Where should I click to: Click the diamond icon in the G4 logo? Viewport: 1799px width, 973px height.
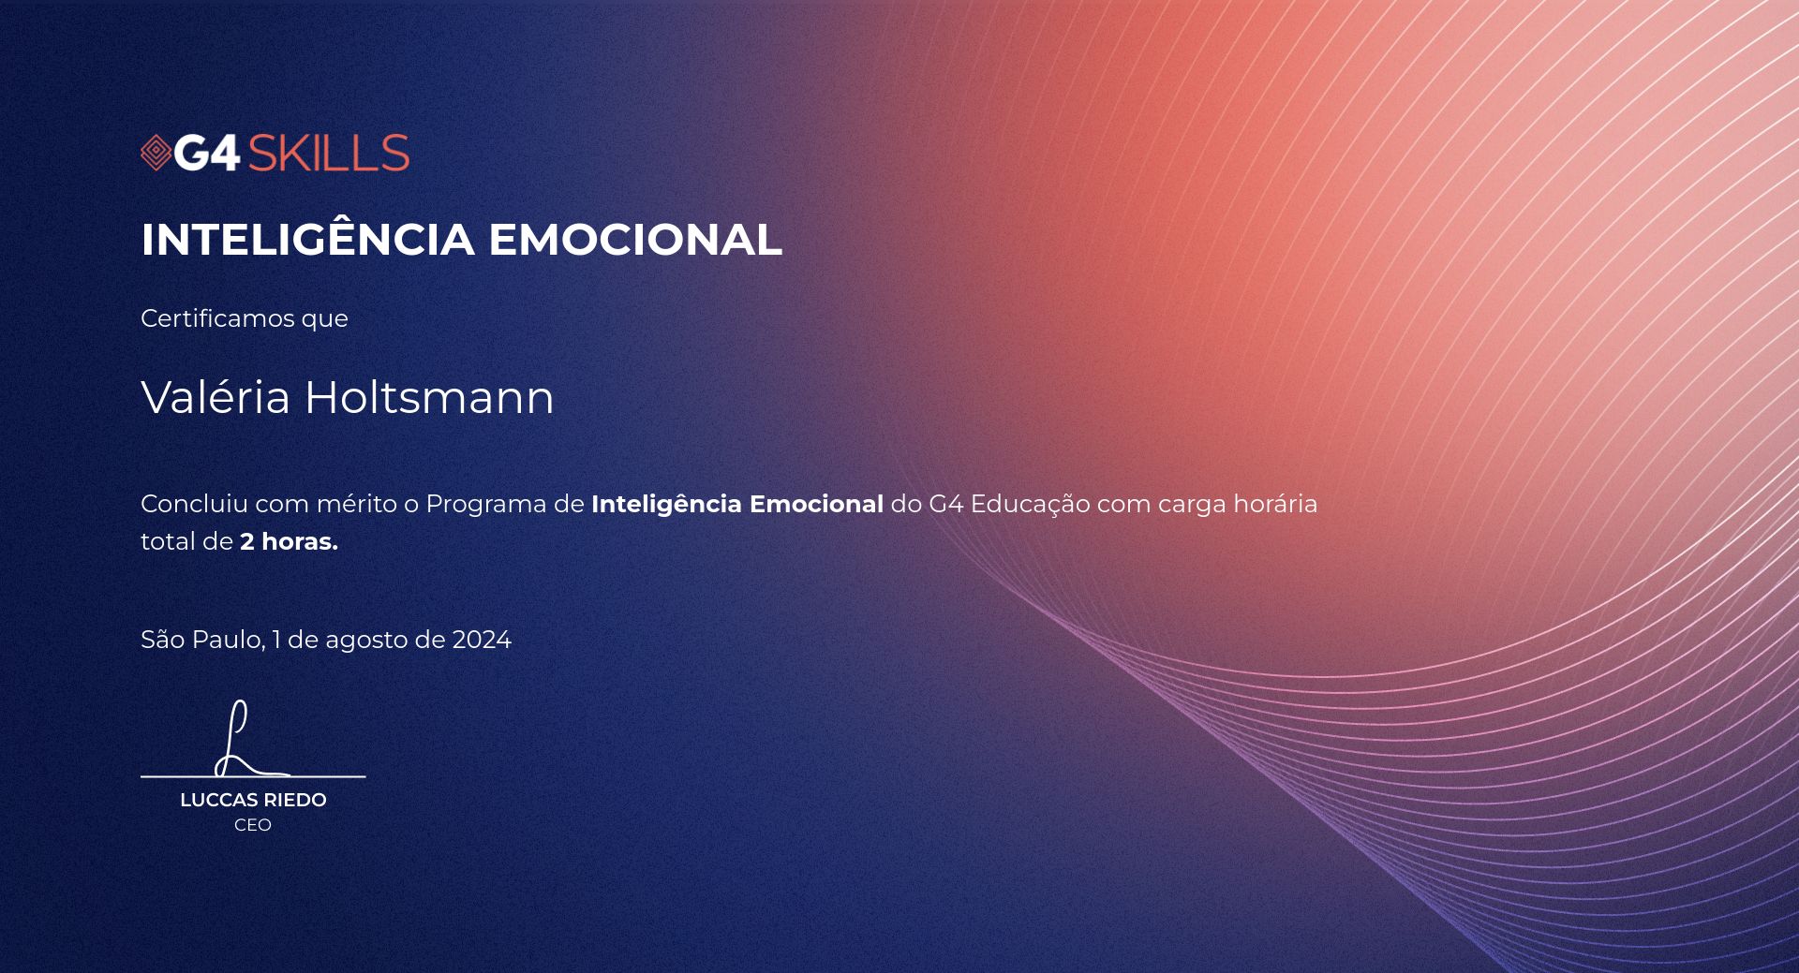[x=156, y=153]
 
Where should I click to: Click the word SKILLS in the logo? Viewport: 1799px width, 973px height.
[x=328, y=153]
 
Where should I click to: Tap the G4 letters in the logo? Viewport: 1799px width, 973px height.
[x=208, y=153]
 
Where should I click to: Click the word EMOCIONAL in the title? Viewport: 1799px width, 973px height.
[x=635, y=239]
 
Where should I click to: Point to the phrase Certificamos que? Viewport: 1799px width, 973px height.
[x=245, y=318]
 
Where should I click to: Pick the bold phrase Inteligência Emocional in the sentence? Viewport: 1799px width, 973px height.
[x=737, y=504]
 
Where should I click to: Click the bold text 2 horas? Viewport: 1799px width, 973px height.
[x=289, y=541]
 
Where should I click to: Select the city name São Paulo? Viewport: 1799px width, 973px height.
[x=202, y=640]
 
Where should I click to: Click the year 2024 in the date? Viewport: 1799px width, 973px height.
[x=482, y=640]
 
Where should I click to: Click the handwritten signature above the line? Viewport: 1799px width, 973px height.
[x=249, y=740]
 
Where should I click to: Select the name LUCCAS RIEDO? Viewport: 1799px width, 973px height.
[x=253, y=800]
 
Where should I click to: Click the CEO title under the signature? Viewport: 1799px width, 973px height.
[x=253, y=825]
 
